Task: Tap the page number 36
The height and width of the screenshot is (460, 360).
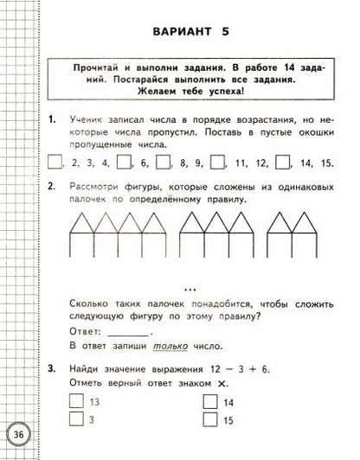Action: pos(17,433)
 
